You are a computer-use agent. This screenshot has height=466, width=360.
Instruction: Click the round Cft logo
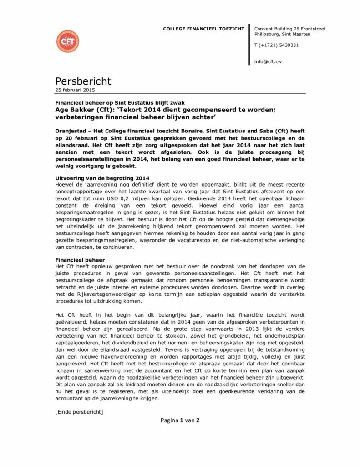pos(67,41)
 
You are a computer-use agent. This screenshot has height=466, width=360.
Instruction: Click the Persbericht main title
pos(83,81)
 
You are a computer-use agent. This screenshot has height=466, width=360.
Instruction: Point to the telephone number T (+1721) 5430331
pos(276,45)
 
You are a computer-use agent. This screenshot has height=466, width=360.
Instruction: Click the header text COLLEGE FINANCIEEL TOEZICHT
pos(203,29)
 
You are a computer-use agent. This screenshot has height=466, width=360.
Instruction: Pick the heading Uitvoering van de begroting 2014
pos(102,177)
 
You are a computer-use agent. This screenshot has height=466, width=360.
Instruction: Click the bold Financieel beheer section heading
pos(80,260)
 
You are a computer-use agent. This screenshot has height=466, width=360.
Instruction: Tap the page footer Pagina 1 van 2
pos(180,420)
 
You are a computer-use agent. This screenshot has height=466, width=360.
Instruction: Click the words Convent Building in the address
pos(272,29)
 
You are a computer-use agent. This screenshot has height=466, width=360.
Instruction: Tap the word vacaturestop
pos(207,241)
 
